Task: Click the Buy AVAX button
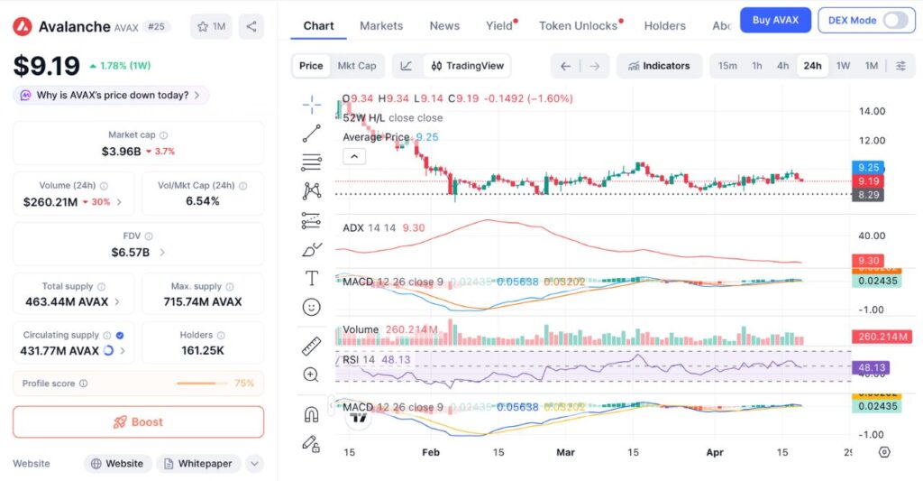pyautogui.click(x=775, y=20)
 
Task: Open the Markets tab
pyautogui.click(x=381, y=25)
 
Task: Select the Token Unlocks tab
pyautogui.click(x=578, y=25)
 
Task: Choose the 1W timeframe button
pyautogui.click(x=843, y=66)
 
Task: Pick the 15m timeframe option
pyautogui.click(x=727, y=66)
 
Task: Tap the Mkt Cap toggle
pyautogui.click(x=357, y=66)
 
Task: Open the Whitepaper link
pyautogui.click(x=198, y=463)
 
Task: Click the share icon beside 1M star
pyautogui.click(x=251, y=26)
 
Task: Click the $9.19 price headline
pyautogui.click(x=45, y=65)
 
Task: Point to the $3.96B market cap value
pyautogui.click(x=121, y=151)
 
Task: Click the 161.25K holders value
pyautogui.click(x=203, y=350)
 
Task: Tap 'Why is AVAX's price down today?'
pyautogui.click(x=112, y=95)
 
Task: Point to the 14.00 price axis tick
pyautogui.click(x=872, y=111)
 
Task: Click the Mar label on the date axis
pyautogui.click(x=565, y=451)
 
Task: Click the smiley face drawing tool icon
pyautogui.click(x=312, y=307)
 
